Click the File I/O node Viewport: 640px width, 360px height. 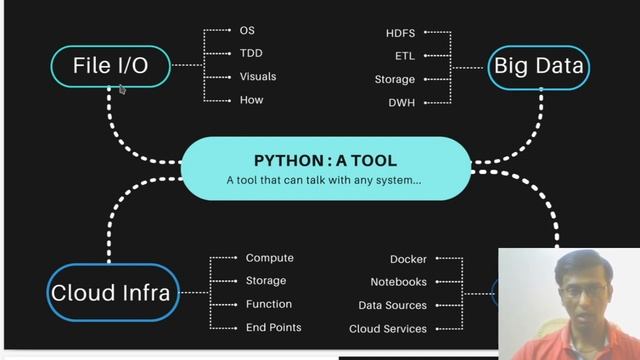110,66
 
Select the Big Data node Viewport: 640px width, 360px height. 540,67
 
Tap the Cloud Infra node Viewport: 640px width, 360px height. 110,293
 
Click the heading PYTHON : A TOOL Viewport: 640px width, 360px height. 325,160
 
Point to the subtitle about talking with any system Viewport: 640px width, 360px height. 324,181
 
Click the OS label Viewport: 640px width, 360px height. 247,31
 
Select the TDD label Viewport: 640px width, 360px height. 251,53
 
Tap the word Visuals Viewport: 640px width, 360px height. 258,76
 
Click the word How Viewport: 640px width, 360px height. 251,99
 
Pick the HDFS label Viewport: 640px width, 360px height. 400,33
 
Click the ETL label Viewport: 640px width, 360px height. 404,56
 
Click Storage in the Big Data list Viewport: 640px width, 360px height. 394,79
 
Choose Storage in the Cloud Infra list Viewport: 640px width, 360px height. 266,281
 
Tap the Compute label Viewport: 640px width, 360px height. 270,258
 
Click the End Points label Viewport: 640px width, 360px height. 273,327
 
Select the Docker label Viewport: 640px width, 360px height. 408,259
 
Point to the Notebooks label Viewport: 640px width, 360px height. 398,282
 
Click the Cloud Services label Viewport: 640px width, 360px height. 388,328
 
